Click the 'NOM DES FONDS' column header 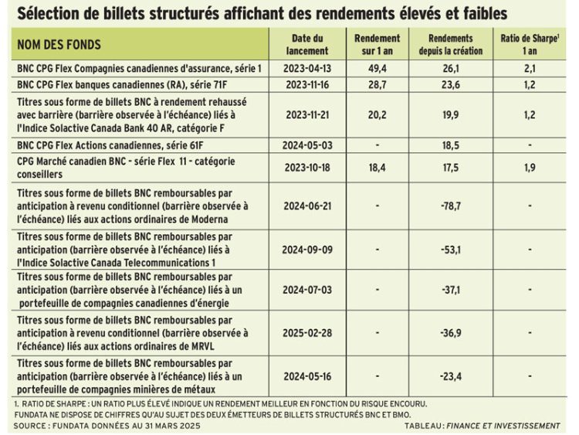point(59,44)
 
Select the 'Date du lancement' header point(307,44)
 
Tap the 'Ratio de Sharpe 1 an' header point(530,44)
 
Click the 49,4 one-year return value point(377,68)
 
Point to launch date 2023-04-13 point(307,68)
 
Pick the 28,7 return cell point(377,85)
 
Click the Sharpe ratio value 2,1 point(530,68)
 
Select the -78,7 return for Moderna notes point(451,206)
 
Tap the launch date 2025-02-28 point(307,333)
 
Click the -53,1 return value point(451,250)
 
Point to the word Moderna point(209,219)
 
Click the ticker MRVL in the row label point(202,346)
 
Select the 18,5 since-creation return point(451,145)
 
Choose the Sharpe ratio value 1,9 point(530,168)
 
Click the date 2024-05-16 point(307,376)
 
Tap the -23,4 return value point(451,376)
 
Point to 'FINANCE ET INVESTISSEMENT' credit point(503,426)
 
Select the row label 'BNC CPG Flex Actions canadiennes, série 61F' point(110,145)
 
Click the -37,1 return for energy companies point(451,290)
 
